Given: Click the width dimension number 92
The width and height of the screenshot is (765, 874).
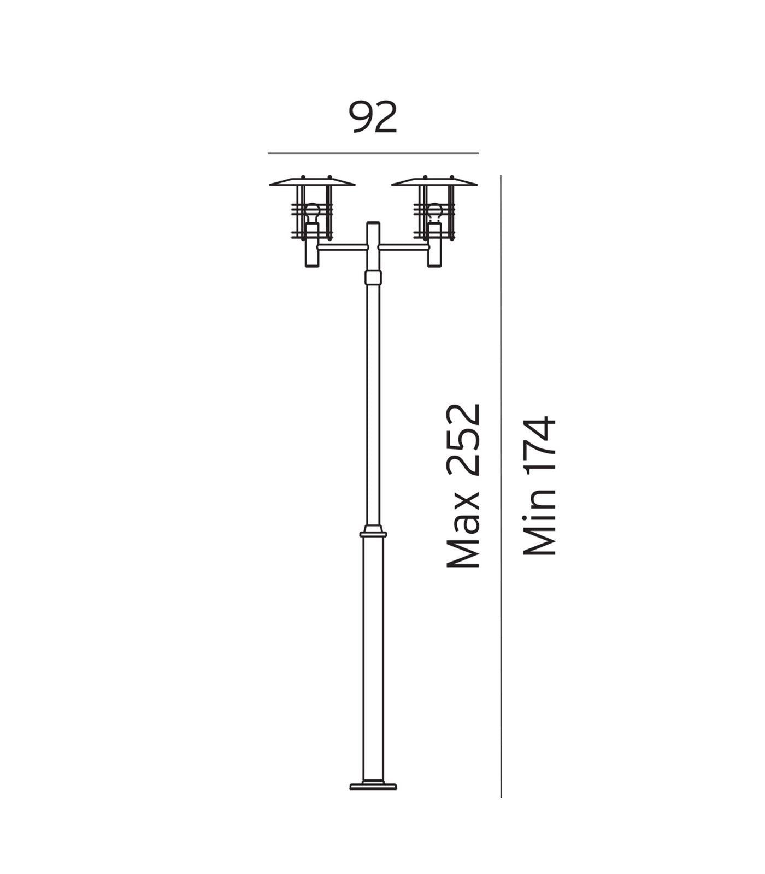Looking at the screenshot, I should point(373,117).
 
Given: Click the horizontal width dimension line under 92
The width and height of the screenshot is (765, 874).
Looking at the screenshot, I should point(373,153).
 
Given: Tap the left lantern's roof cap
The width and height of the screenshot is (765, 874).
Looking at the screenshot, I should point(312,182).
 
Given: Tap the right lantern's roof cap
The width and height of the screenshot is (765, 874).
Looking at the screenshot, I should point(434,182).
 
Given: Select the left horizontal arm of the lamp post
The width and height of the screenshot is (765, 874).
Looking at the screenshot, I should point(342,247).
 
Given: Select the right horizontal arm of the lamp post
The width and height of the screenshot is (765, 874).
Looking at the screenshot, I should point(404,247).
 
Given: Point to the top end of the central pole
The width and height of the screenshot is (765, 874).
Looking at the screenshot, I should point(373,224).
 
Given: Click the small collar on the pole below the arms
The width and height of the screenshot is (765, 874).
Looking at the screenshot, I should point(373,277).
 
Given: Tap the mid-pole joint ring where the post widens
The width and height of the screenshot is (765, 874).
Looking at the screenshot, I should point(373,533).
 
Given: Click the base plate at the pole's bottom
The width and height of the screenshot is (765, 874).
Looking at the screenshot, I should point(373,787).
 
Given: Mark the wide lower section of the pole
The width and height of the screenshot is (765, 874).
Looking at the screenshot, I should point(373,655).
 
